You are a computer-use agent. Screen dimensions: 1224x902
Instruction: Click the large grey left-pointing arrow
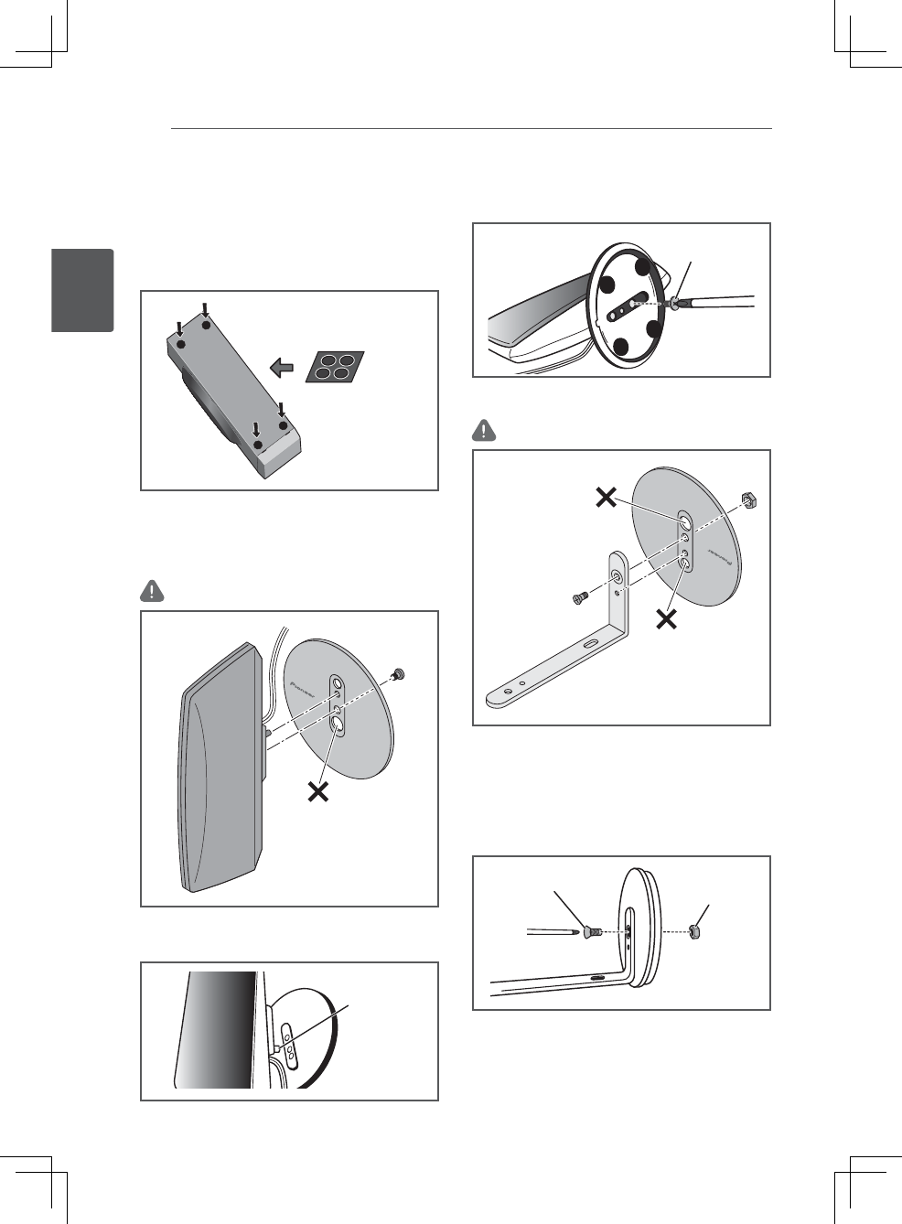coord(283,368)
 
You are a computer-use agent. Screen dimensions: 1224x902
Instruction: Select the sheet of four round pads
coord(334,367)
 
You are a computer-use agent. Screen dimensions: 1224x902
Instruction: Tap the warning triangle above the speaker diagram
coord(152,591)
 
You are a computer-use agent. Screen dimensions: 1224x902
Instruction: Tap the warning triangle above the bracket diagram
coord(484,429)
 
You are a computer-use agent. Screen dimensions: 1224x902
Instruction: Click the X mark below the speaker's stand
coord(318,791)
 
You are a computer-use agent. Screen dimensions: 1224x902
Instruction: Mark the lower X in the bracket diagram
coord(668,619)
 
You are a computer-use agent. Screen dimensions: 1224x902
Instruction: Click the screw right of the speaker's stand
coord(399,675)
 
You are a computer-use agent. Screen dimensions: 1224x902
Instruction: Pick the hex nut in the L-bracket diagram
coord(748,500)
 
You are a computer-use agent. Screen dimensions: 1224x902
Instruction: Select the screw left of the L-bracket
coord(579,598)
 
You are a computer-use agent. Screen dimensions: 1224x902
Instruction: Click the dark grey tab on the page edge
coord(82,290)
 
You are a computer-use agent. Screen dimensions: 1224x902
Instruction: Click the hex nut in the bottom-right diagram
coord(695,933)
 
